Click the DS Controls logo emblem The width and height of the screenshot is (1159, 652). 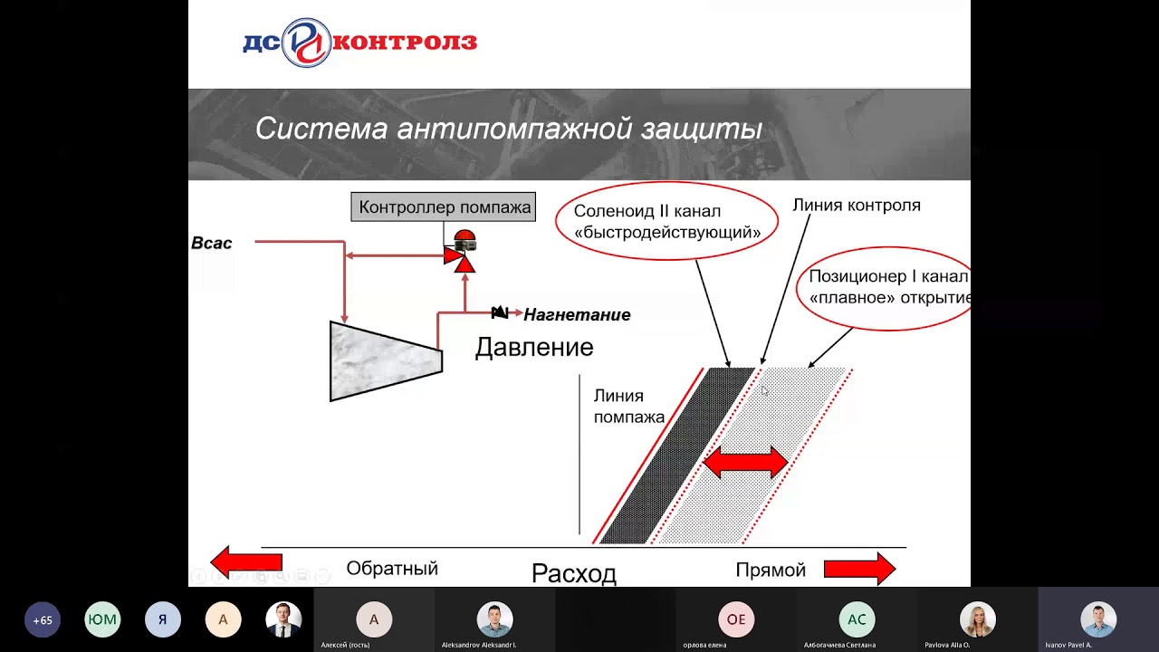click(306, 43)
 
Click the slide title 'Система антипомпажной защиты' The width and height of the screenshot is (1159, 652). click(508, 129)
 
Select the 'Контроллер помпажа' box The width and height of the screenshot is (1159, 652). click(444, 206)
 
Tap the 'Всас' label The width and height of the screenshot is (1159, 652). click(212, 243)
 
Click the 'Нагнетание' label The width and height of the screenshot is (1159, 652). click(577, 315)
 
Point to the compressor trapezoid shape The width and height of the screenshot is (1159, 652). click(385, 360)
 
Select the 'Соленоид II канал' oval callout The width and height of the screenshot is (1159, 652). click(666, 221)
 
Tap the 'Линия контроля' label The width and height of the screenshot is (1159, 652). click(856, 206)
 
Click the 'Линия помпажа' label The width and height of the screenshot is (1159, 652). click(628, 407)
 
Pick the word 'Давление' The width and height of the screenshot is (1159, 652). click(534, 348)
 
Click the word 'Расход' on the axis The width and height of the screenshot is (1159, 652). click(573, 573)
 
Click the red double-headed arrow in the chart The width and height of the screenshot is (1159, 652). click(745, 462)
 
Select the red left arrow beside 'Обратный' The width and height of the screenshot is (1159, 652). click(246, 563)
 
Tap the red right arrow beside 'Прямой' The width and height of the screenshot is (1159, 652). click(859, 570)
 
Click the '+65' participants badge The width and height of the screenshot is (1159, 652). click(43, 620)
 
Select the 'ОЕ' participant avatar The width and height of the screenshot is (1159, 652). click(736, 620)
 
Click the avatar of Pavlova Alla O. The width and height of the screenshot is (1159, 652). click(977, 619)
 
